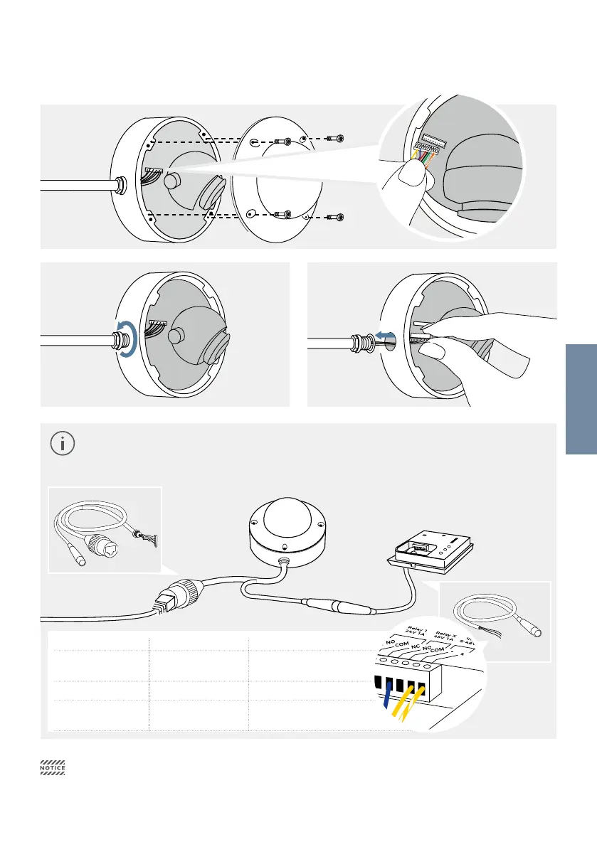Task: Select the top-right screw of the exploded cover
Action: pyautogui.click(x=339, y=139)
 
